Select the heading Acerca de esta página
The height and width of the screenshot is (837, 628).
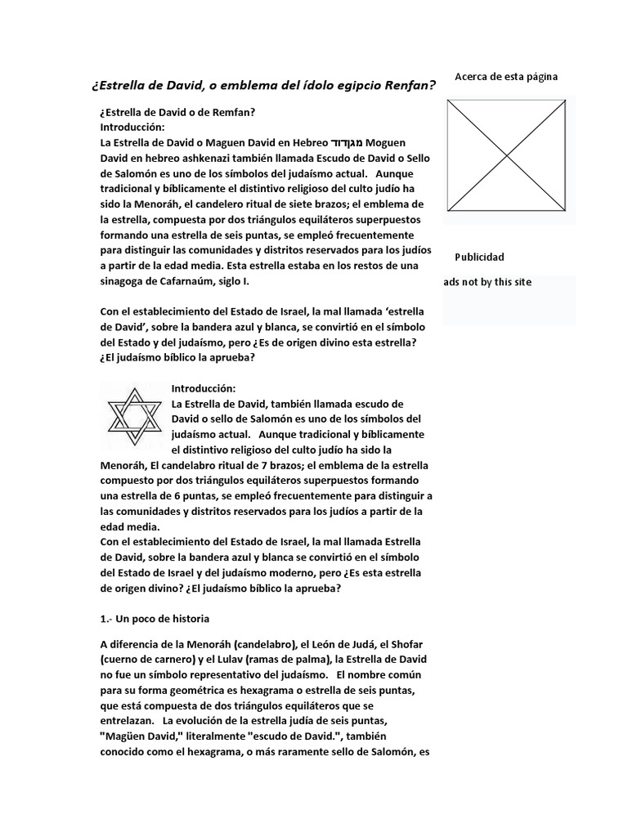coord(506,77)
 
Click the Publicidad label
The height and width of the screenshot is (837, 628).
coord(479,257)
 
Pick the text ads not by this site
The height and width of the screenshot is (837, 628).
coord(488,282)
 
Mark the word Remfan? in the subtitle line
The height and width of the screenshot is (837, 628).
coord(243,111)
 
